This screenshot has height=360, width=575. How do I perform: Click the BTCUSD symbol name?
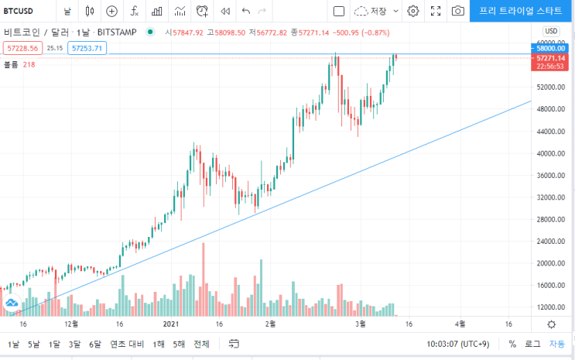19,11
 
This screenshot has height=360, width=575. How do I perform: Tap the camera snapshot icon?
457,11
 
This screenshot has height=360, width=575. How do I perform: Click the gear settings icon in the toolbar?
413,11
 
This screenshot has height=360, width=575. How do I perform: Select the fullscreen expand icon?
436,11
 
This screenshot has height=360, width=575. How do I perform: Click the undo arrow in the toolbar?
245,11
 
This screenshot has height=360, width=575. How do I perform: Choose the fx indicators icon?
135,11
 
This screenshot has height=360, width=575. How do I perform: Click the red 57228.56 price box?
22,48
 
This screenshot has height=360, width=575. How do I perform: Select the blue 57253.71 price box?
87,48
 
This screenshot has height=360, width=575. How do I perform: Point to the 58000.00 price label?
549,49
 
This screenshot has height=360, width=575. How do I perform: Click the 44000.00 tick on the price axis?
551,132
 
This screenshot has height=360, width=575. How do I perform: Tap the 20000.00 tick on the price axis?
551,263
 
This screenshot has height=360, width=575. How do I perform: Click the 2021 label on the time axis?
171,324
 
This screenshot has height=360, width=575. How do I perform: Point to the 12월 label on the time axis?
71,324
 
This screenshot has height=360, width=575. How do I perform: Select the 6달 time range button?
94,345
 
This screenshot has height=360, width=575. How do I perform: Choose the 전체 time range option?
201,345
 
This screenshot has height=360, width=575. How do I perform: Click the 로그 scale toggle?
532,345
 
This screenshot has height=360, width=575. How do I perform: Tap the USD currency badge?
551,31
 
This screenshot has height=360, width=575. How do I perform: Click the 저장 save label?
378,11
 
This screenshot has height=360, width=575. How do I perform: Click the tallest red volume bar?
204,279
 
